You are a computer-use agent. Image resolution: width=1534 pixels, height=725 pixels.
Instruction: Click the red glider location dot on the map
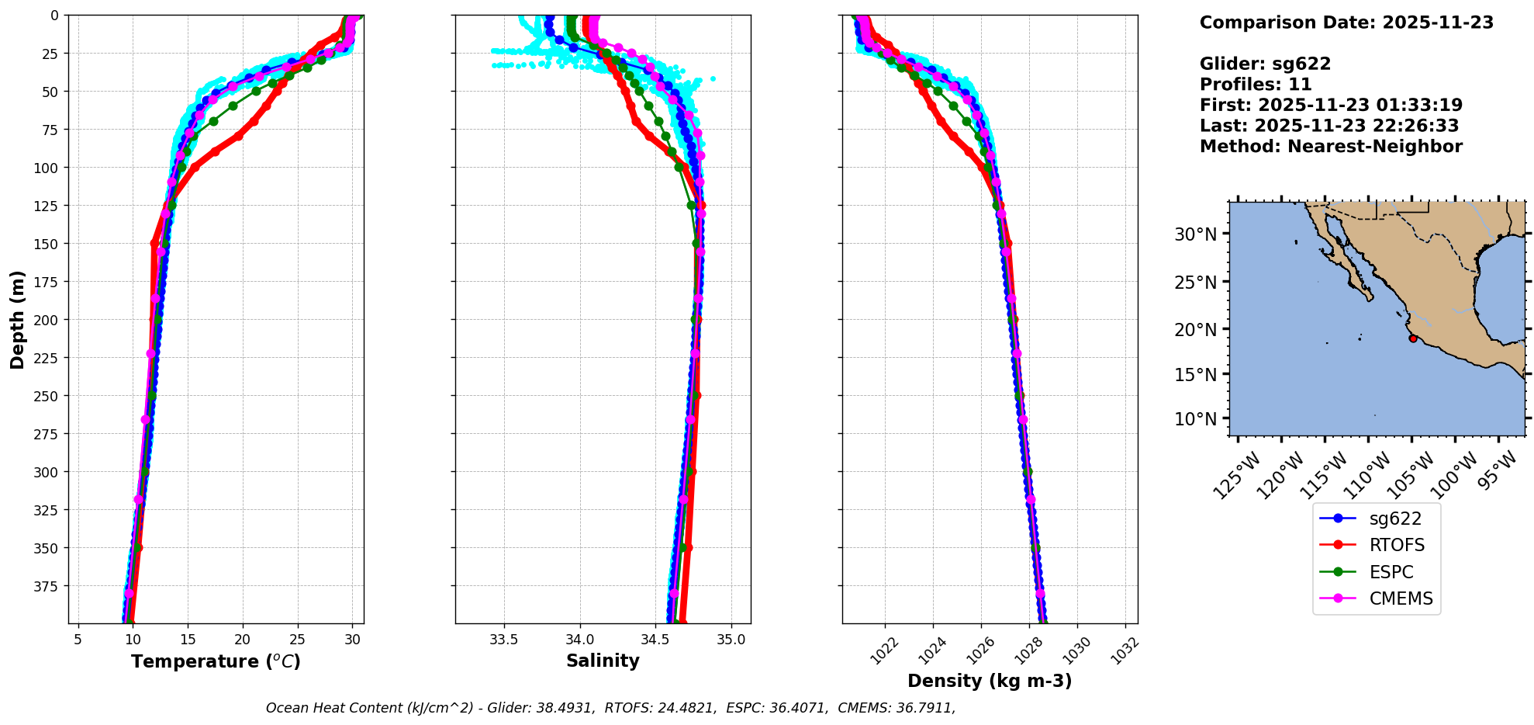(1413, 338)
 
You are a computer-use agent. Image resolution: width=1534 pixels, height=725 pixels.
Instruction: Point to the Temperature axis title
(216, 662)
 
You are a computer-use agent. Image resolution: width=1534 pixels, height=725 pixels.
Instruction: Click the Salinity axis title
(603, 661)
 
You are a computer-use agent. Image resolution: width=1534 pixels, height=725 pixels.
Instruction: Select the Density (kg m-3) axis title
(990, 682)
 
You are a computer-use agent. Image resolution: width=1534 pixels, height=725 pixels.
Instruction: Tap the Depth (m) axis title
(18, 319)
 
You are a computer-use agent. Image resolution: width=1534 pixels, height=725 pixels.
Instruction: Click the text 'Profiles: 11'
(1256, 85)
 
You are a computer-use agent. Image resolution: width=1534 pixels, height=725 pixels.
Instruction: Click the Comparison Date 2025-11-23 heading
(1346, 23)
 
